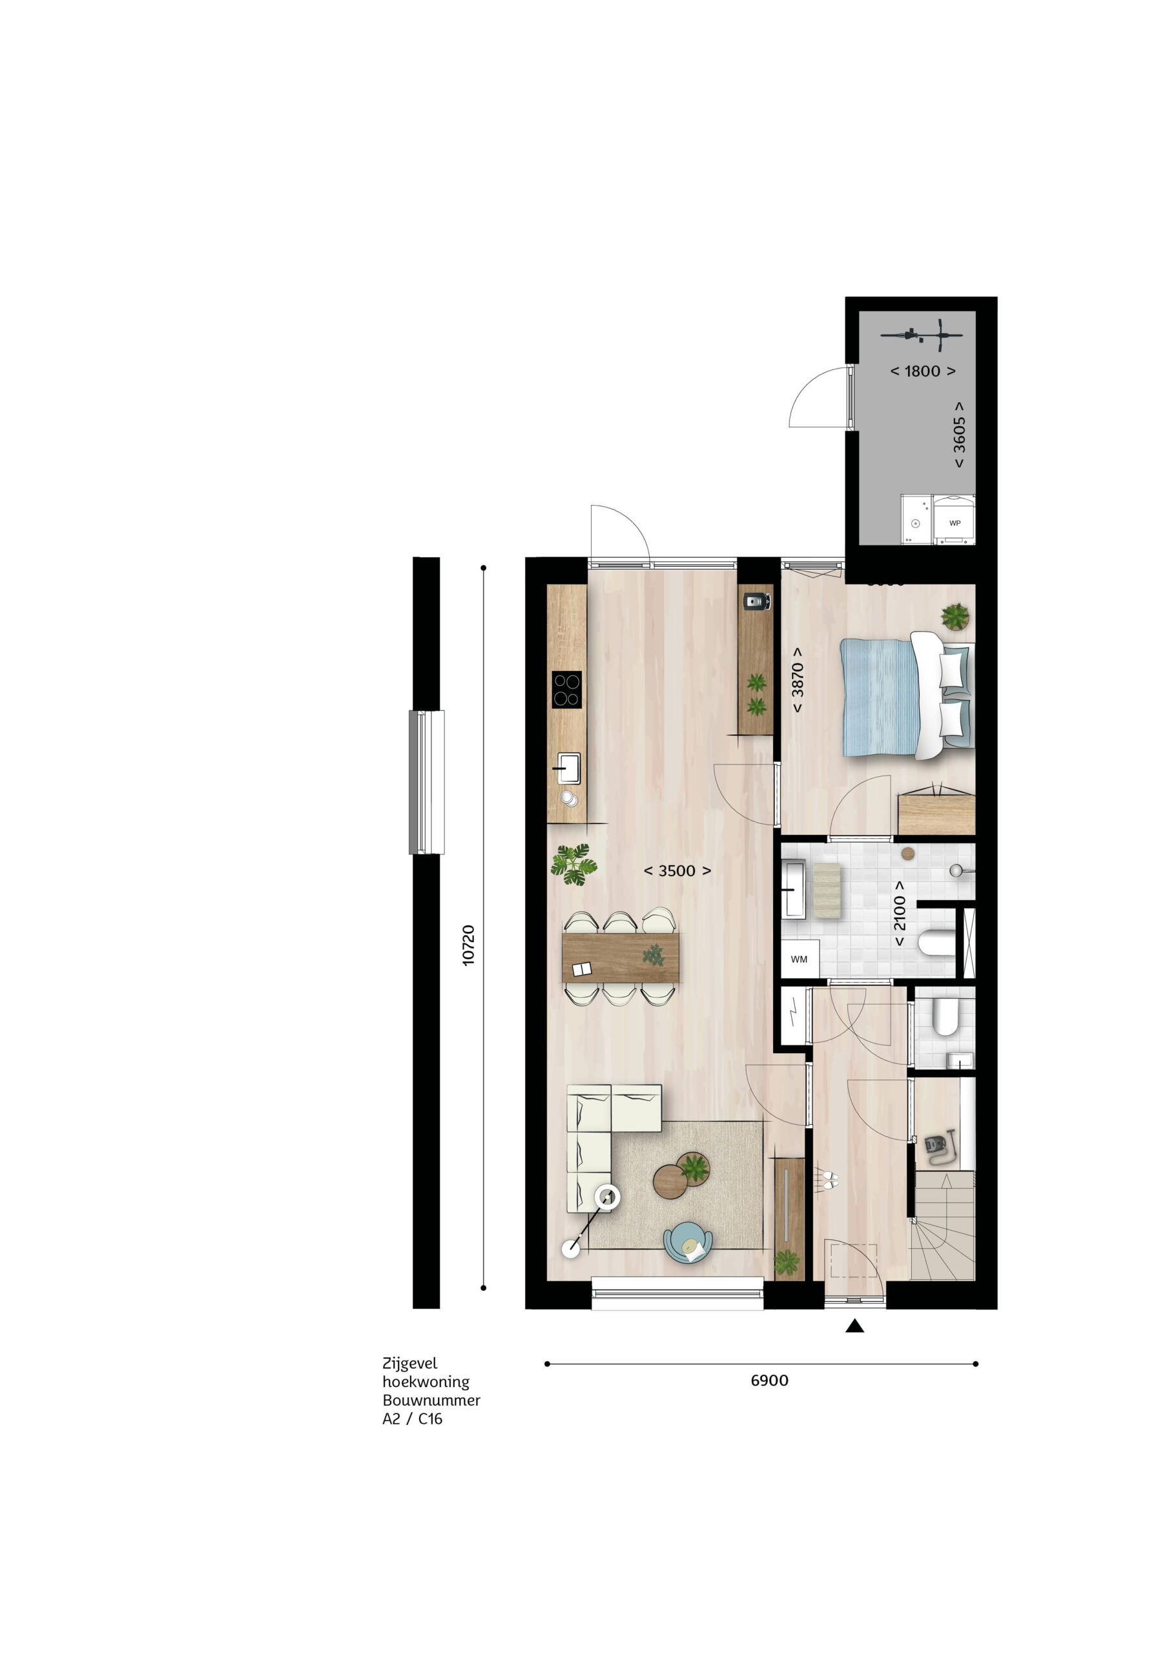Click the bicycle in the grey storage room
(x=922, y=333)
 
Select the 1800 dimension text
(x=922, y=371)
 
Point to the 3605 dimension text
(x=959, y=435)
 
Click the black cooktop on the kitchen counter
(x=566, y=689)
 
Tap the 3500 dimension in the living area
(x=677, y=870)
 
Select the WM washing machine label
(x=799, y=959)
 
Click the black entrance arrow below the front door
(x=854, y=1326)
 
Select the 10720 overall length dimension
(x=469, y=945)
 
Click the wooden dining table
(x=620, y=958)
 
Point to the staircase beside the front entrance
(x=942, y=1225)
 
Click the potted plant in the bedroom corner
(x=955, y=617)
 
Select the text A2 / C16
(x=413, y=1419)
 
